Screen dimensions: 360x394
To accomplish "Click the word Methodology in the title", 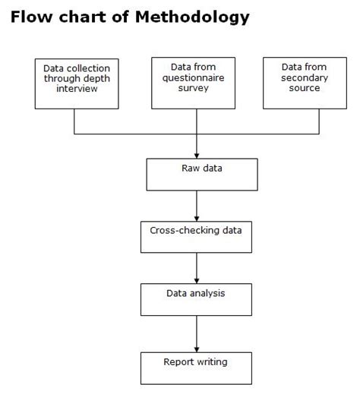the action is pyautogui.click(x=192, y=17).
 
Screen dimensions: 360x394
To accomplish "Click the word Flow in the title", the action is pyautogui.click(x=32, y=17).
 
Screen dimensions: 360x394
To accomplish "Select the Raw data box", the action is pyautogui.click(x=202, y=175).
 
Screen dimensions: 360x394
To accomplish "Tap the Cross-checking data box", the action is pyautogui.click(x=196, y=237).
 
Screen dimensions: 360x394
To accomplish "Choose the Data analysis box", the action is pyautogui.click(x=196, y=299).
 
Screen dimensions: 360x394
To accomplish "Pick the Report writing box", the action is pyautogui.click(x=196, y=368).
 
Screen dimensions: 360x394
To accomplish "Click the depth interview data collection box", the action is pyautogui.click(x=77, y=84).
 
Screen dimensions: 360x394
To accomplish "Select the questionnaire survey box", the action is pyautogui.click(x=193, y=83).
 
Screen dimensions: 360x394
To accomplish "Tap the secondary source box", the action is pyautogui.click(x=305, y=83).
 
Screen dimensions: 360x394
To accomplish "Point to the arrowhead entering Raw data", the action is pyautogui.click(x=197, y=156).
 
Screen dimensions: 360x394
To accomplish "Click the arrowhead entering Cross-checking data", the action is pyautogui.click(x=197, y=219).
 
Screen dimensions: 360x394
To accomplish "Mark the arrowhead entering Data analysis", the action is pyautogui.click(x=197, y=281).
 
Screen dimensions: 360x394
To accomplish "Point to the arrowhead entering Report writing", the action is pyautogui.click(x=197, y=349).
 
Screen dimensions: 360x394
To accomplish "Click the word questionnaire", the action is pyautogui.click(x=193, y=78).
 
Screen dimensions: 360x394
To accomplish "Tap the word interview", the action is pyautogui.click(x=77, y=89).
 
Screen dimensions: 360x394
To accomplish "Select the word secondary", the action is pyautogui.click(x=305, y=78).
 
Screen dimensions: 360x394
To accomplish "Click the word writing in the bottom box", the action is pyautogui.click(x=211, y=362).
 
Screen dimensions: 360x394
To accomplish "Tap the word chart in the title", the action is pyautogui.click(x=83, y=17).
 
